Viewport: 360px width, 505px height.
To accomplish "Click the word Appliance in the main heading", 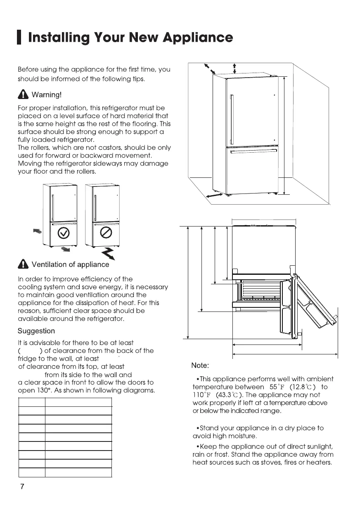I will (198, 38).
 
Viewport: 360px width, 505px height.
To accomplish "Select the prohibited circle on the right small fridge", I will (107, 234).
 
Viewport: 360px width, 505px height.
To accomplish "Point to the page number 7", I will (22, 486).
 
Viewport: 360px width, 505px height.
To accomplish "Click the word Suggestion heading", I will (36, 331).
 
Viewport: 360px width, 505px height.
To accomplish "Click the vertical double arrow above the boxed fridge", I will (234, 68).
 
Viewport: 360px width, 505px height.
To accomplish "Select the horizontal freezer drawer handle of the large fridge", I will (253, 152).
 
